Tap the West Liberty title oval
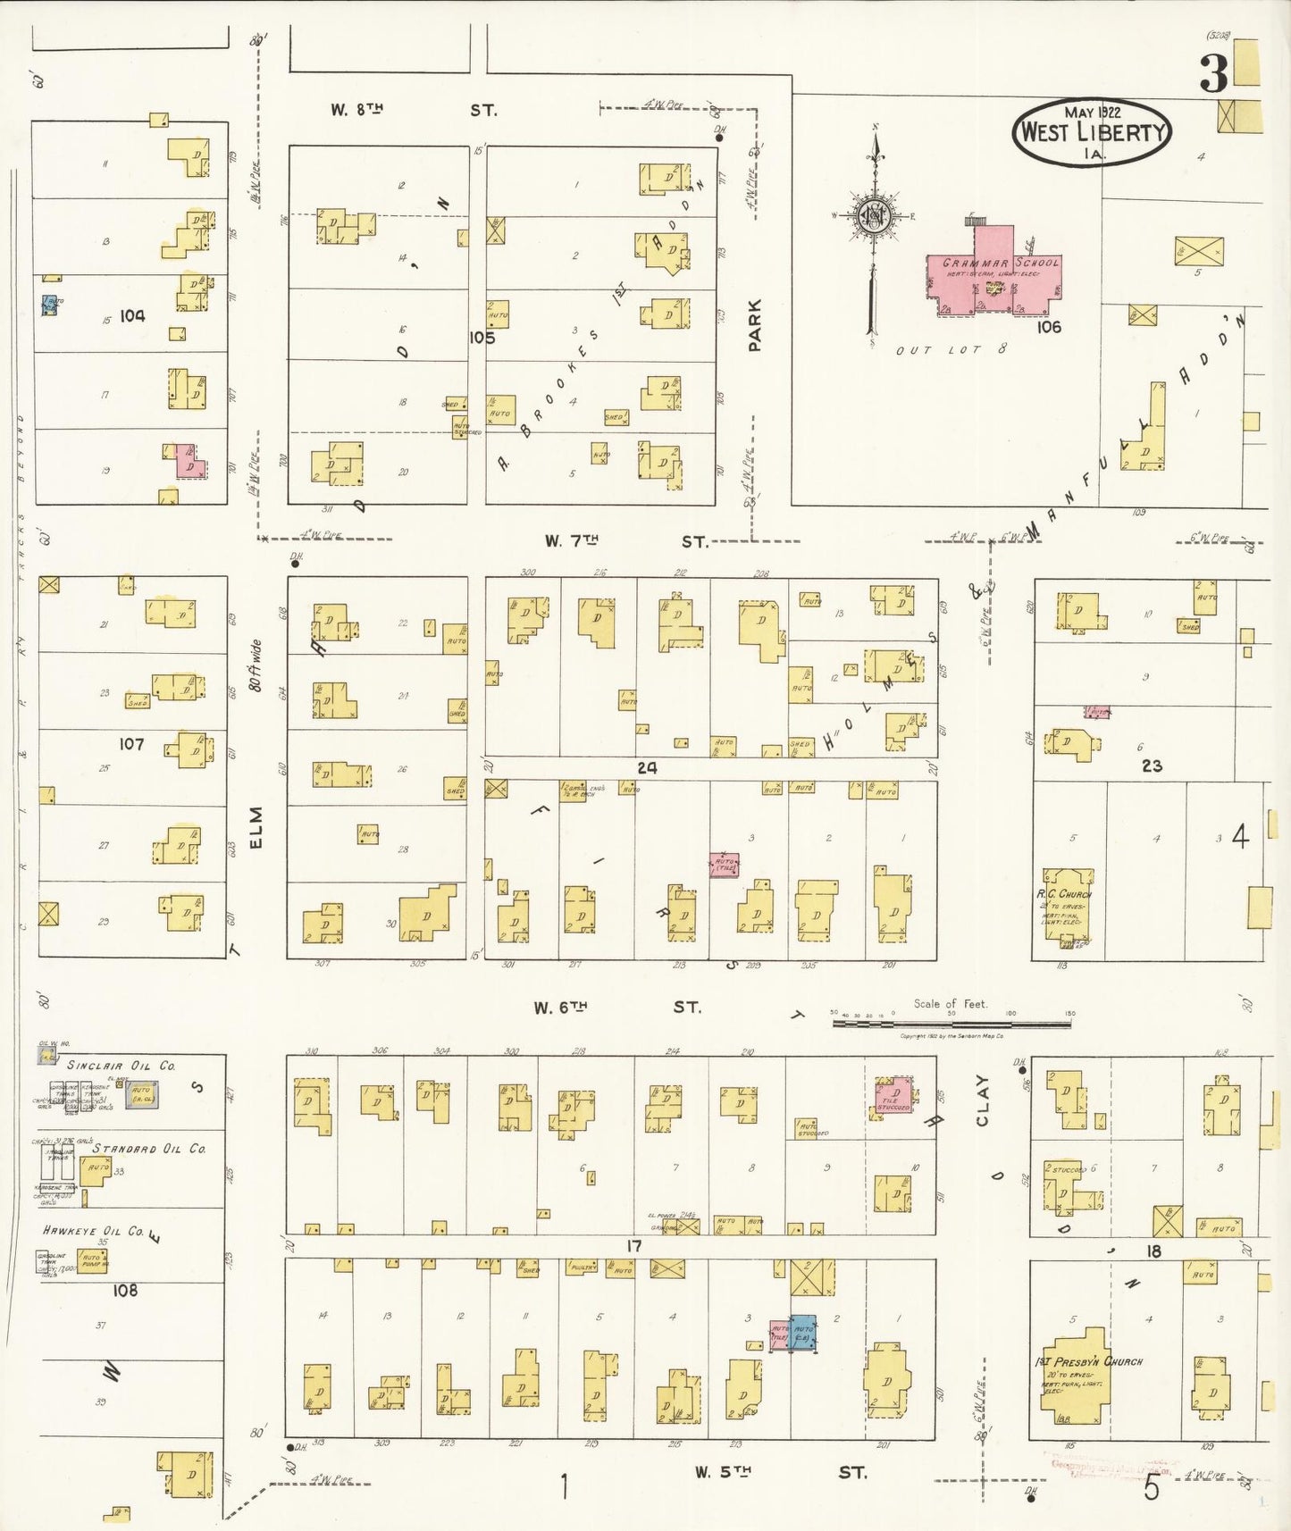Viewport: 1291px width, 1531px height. click(x=1092, y=132)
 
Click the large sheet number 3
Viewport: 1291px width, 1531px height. click(x=1213, y=74)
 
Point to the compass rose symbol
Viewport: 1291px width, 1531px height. click(x=873, y=215)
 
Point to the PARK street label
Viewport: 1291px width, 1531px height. click(x=755, y=325)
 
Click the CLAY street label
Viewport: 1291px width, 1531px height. click(x=983, y=1100)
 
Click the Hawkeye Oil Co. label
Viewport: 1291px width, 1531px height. click(x=94, y=1231)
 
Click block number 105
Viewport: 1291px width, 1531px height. click(x=482, y=338)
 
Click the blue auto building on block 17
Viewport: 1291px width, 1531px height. click(x=803, y=1332)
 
